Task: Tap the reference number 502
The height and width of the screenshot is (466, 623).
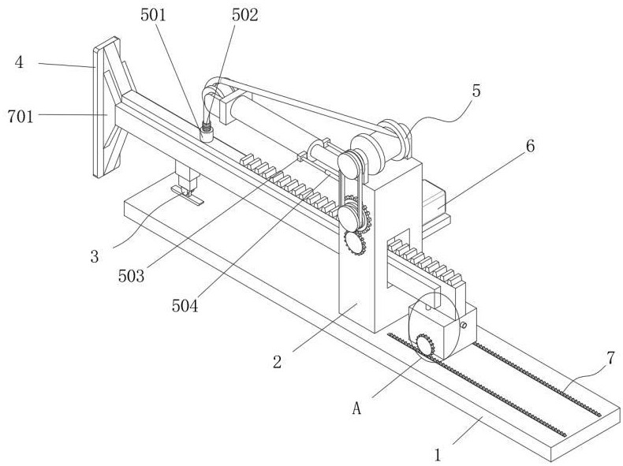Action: [245, 15]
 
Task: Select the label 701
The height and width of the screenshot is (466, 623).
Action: [21, 116]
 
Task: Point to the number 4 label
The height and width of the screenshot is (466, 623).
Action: [19, 62]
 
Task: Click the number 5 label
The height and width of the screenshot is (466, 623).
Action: [476, 90]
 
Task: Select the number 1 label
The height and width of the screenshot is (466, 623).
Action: [438, 455]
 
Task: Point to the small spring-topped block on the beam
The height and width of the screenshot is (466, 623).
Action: [208, 133]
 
